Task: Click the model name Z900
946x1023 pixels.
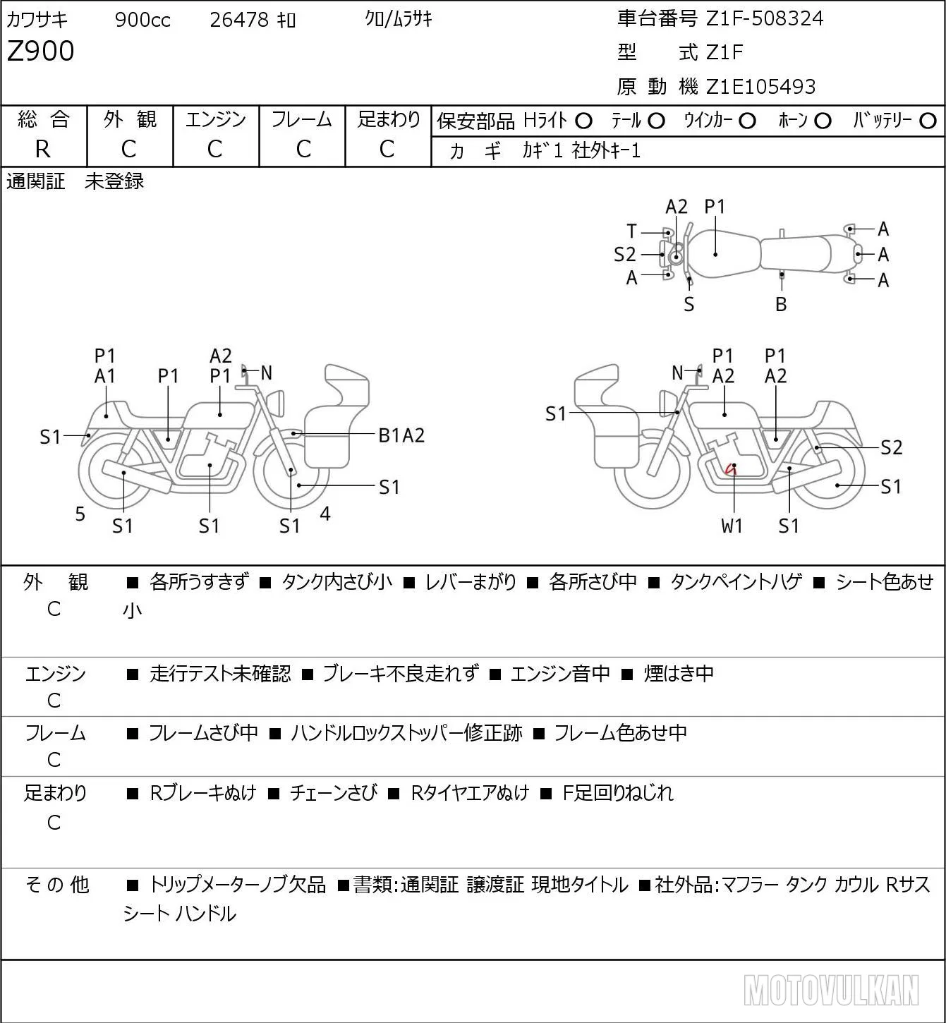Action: point(41,51)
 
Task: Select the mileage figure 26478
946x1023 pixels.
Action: point(239,20)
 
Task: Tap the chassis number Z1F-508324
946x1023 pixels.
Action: point(765,18)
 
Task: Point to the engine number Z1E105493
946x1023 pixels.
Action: point(760,87)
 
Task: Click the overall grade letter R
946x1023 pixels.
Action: point(43,150)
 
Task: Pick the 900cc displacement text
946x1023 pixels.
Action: point(142,20)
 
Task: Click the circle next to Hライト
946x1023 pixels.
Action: point(583,121)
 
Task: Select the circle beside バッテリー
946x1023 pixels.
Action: point(928,121)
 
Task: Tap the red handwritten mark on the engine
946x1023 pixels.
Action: point(731,468)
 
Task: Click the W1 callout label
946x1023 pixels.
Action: point(732,526)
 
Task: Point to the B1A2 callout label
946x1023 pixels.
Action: point(401,436)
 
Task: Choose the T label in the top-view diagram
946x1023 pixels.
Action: point(631,231)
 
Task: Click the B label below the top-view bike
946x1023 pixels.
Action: point(781,304)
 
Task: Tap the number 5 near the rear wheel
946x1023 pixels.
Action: point(80,514)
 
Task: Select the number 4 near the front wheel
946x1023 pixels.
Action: point(325,513)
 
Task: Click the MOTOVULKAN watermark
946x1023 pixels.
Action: point(831,990)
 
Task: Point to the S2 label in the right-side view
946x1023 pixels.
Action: point(892,447)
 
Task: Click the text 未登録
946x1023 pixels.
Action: point(114,181)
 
